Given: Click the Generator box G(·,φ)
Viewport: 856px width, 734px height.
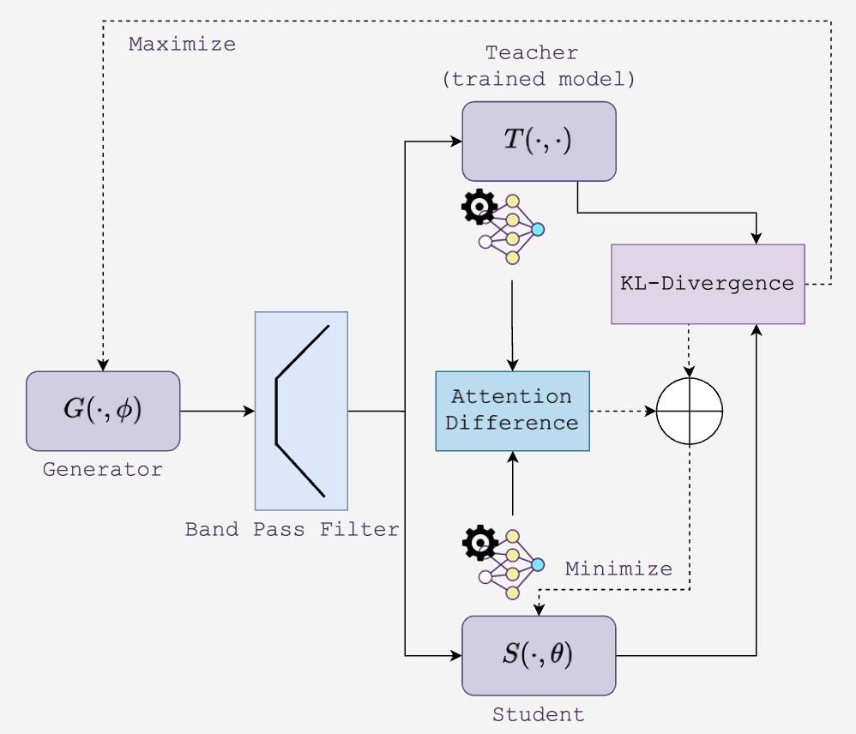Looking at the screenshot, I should [103, 411].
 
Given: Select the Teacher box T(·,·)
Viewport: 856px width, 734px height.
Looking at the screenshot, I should [539, 141].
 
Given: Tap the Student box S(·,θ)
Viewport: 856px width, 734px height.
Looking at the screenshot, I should [539, 655].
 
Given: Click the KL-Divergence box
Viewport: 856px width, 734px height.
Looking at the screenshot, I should [708, 284].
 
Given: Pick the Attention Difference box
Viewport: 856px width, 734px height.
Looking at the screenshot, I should [512, 411].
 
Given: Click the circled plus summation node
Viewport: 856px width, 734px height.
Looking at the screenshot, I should [690, 411].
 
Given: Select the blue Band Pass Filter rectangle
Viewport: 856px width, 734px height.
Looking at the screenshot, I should [301, 411].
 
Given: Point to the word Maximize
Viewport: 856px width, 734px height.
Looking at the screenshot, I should [182, 45].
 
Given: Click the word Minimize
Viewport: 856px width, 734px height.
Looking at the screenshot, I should [618, 569].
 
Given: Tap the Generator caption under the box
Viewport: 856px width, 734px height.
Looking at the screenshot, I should [103, 470].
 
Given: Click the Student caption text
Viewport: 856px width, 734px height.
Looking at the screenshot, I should [538, 714].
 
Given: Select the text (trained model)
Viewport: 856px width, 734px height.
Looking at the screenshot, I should [538, 79].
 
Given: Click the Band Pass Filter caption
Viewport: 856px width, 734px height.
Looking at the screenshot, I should [292, 529].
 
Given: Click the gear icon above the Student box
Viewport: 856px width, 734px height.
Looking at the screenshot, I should [479, 543].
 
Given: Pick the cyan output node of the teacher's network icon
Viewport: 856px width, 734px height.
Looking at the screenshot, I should [538, 229].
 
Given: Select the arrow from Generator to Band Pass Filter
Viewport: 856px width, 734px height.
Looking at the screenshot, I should [216, 411].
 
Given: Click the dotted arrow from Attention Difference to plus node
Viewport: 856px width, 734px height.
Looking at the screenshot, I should [622, 411].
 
